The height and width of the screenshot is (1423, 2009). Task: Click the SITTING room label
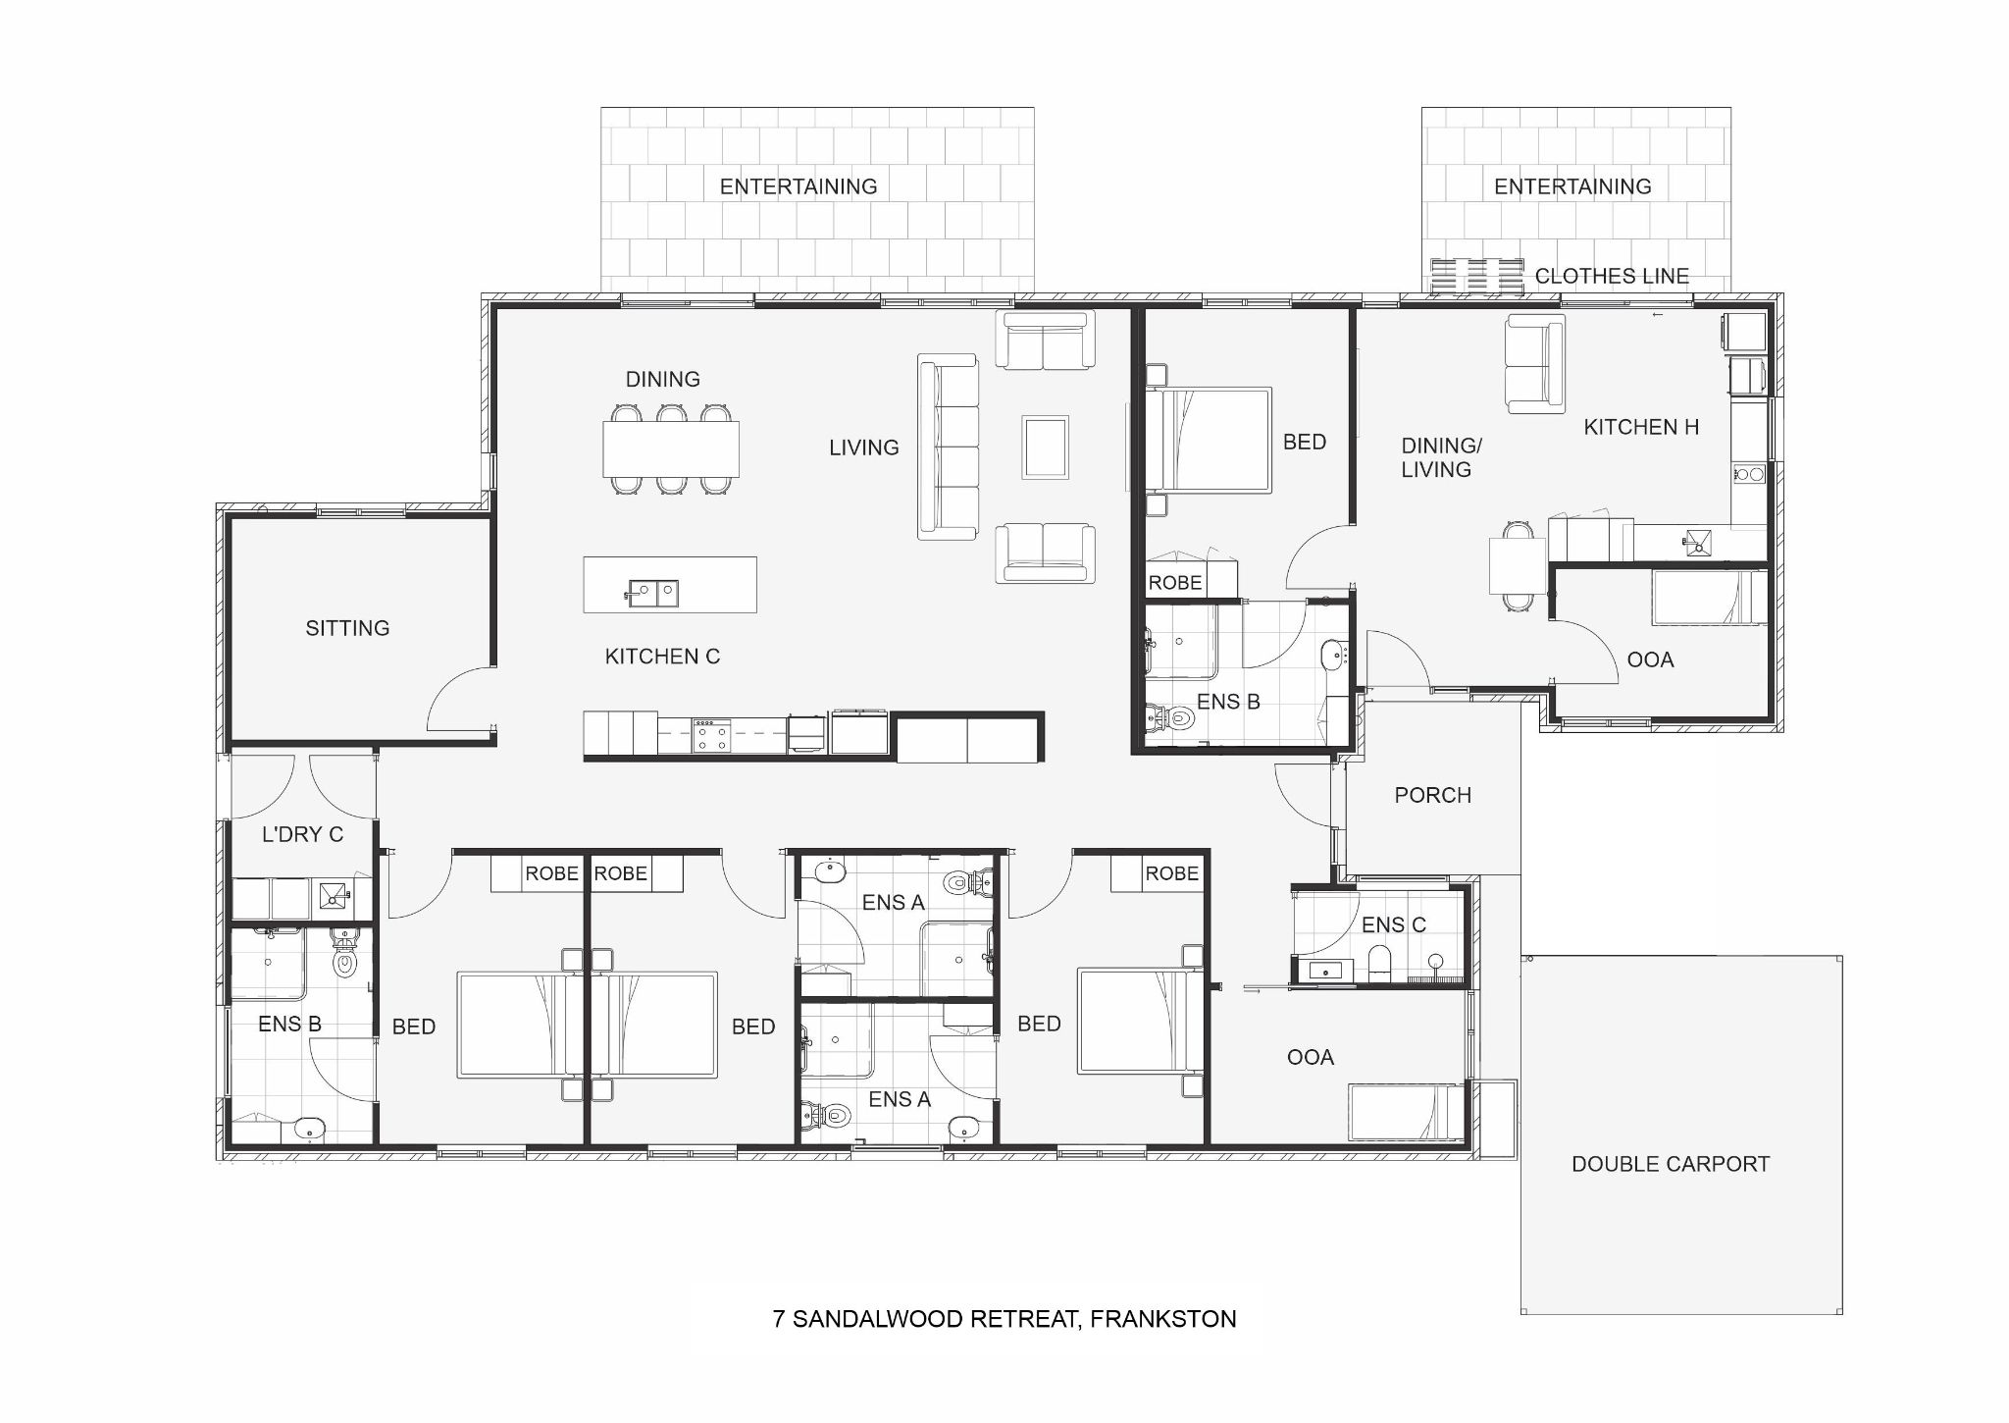(347, 628)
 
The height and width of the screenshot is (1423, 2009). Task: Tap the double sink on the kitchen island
(651, 592)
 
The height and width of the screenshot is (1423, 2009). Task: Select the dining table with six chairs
(671, 448)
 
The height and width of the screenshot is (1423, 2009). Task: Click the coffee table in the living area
(1045, 447)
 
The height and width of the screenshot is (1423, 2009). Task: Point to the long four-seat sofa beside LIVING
(948, 447)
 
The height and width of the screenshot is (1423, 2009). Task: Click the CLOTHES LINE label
(1612, 277)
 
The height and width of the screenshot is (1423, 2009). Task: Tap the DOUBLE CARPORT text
(1671, 1164)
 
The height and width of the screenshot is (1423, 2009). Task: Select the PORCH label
(1432, 795)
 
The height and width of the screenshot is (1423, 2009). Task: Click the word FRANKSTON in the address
(1162, 1319)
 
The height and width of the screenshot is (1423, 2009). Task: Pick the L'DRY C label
(302, 834)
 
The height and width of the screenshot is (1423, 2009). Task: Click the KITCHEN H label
(1641, 427)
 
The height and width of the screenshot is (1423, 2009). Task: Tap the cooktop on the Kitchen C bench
(712, 735)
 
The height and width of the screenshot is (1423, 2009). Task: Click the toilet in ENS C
(1378, 962)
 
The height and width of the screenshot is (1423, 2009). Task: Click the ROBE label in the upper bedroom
(1175, 583)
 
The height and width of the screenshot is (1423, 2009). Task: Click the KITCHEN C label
(662, 657)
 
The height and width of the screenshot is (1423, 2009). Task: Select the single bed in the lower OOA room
(1406, 1112)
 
